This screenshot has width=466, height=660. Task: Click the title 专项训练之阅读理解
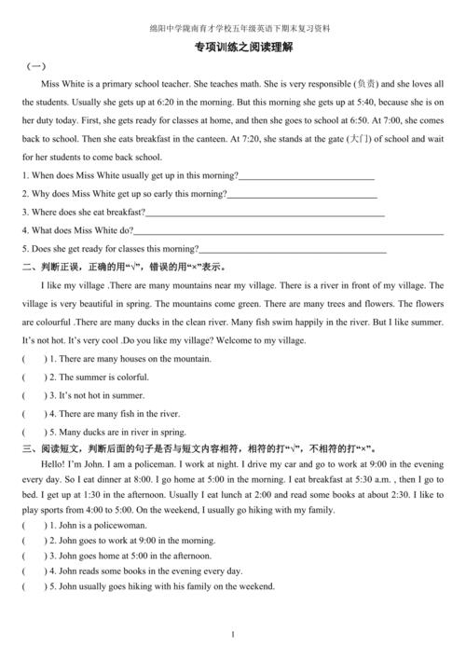pos(233,48)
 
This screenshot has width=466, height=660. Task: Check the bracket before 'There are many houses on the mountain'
pos(34,359)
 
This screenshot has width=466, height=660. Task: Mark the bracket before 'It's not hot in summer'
pos(34,395)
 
